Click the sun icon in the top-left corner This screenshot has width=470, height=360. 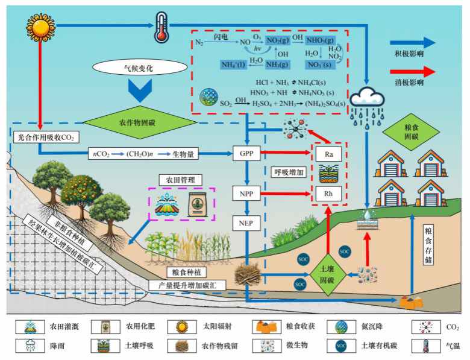point(40,28)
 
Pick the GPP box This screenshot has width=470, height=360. point(246,153)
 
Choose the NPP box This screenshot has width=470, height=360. point(246,194)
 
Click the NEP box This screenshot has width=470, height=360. point(246,224)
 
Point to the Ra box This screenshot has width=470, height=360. point(329,154)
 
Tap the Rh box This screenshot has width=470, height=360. point(329,194)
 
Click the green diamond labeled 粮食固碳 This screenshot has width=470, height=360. point(408,133)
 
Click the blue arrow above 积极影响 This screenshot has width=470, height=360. point(412,43)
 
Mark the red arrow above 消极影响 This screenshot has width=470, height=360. point(412,71)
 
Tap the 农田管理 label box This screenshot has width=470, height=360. point(180,180)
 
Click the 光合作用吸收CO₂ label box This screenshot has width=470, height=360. point(45,137)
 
